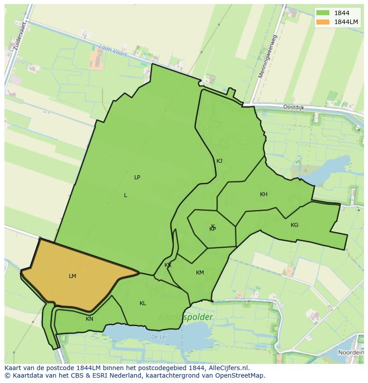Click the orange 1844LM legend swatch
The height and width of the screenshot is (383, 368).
323,22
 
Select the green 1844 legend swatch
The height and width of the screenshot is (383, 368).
323,13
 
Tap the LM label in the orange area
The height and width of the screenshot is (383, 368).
72,276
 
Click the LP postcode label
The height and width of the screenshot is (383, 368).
137,177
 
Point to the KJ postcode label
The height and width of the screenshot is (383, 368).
219,161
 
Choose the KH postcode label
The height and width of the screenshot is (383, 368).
264,194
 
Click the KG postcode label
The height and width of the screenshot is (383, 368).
294,225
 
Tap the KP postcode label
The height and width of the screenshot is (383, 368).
213,229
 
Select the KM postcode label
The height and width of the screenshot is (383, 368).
200,273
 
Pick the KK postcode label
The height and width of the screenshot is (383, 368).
168,266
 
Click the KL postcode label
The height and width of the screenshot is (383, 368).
143,303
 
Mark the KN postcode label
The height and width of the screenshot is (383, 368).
90,319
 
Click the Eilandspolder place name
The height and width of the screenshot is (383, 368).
186,318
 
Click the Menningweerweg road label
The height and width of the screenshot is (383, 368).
268,56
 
